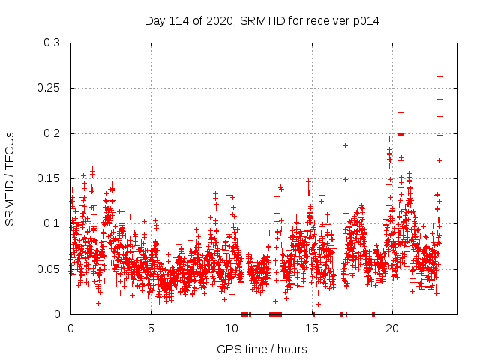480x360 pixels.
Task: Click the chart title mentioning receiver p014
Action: [x=262, y=21]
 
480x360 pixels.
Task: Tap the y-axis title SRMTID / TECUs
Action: [x=10, y=178]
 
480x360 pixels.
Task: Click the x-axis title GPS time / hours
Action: [x=262, y=349]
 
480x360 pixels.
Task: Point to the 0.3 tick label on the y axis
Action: [x=52, y=43]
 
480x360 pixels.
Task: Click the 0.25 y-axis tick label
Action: [x=49, y=88]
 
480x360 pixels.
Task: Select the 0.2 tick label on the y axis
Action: [x=52, y=133]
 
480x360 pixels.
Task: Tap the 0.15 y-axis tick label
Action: [x=49, y=178]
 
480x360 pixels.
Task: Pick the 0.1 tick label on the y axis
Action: [x=52, y=223]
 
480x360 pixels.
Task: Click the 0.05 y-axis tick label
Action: [x=49, y=268]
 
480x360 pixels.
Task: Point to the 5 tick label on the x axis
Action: [x=151, y=328]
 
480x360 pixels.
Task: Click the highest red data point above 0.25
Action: [x=439, y=76]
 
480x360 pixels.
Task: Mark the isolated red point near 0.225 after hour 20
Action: [x=400, y=112]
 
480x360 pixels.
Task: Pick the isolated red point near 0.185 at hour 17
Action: [x=345, y=145]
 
